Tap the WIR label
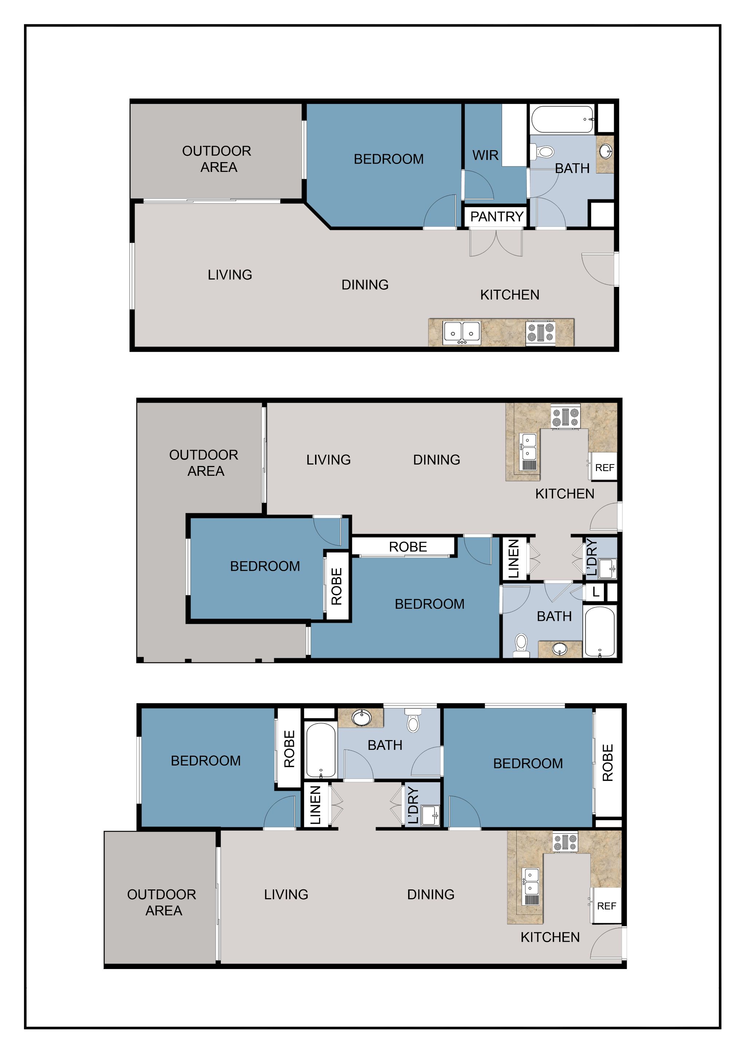pos(485,156)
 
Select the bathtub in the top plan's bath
pos(563,119)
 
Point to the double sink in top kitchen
pos(462,333)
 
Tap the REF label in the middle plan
pos(605,468)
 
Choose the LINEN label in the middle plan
pos(514,558)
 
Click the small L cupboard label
pos(596,592)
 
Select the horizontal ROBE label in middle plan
pos(408,547)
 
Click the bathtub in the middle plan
pos(600,632)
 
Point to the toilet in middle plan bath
pos(521,643)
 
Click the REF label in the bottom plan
pos(606,906)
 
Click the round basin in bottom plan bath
pos(361,718)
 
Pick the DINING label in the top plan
pos(365,285)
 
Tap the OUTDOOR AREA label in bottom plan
pos(162,902)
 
